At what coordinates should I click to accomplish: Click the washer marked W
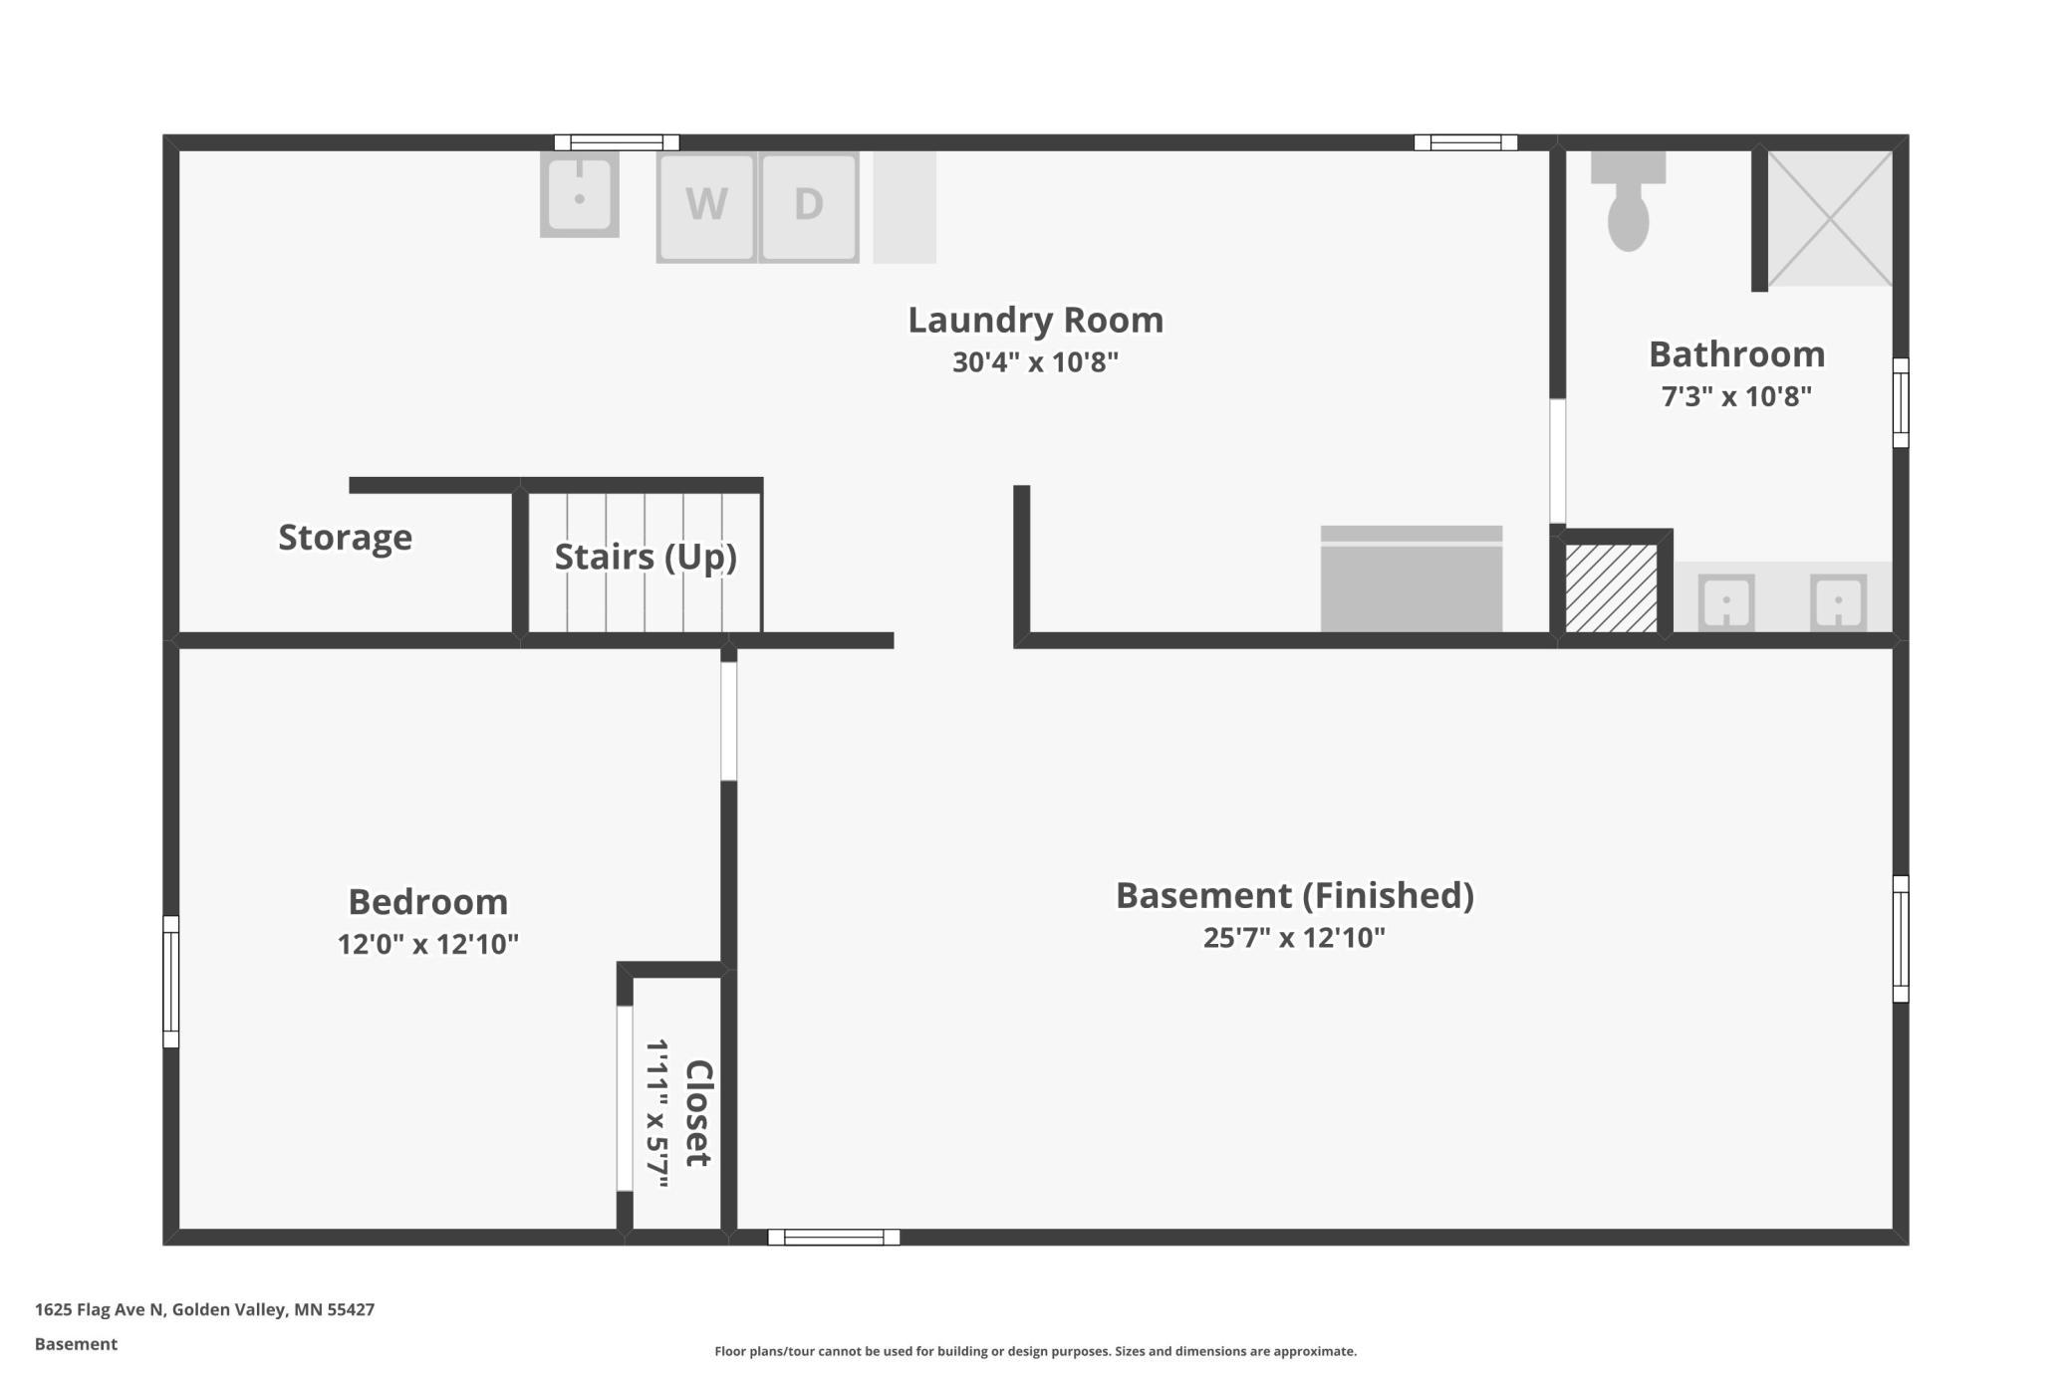tap(706, 207)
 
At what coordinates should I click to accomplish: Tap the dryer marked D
tap(809, 207)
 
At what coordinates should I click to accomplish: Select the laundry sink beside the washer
tap(579, 194)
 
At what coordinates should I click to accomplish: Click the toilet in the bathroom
tap(1628, 201)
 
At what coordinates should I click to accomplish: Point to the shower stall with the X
tap(1830, 218)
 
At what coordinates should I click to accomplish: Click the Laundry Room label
tap(1036, 320)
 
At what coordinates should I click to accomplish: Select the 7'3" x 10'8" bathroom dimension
tap(1736, 396)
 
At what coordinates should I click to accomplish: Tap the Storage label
tap(345, 538)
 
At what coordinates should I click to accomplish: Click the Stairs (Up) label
tap(646, 557)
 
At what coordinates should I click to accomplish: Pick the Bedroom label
tap(428, 902)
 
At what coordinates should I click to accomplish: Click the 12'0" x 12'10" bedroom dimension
tap(428, 944)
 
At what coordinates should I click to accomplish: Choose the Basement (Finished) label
tap(1294, 895)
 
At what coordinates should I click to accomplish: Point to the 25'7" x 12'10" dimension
tap(1294, 938)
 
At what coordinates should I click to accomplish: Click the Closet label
tap(697, 1113)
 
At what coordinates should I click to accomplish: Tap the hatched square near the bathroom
tap(1611, 587)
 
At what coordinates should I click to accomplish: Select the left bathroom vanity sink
tap(1725, 602)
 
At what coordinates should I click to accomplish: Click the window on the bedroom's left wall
tap(171, 982)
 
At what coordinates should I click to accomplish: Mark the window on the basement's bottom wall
tap(834, 1237)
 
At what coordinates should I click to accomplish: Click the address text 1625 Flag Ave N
tap(99, 1309)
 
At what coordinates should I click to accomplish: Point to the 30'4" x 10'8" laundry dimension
tap(1036, 362)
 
